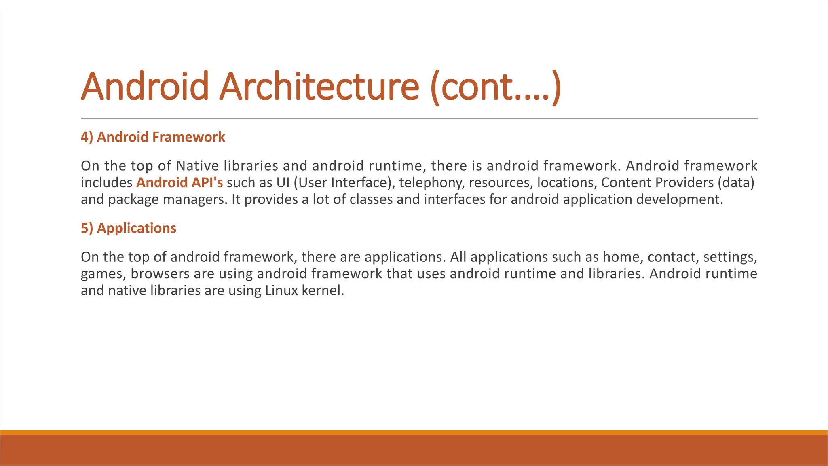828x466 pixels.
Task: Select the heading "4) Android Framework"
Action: pyautogui.click(x=153, y=137)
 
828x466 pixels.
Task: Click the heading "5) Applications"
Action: pyautogui.click(x=129, y=228)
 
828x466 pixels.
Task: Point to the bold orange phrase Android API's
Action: pyautogui.click(x=180, y=183)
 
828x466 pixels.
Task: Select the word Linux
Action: pyautogui.click(x=281, y=290)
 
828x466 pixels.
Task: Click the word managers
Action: pyautogui.click(x=195, y=199)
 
